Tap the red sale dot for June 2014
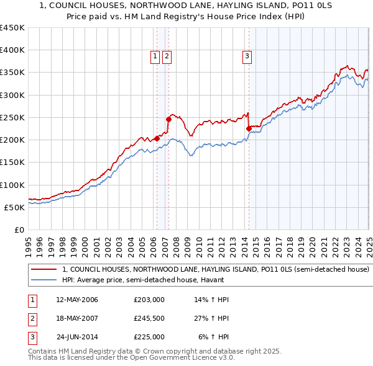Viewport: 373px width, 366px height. (x=249, y=129)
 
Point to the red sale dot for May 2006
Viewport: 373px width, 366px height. (x=157, y=138)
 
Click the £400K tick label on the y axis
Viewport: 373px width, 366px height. (x=12, y=50)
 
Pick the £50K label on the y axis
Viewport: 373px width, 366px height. (x=14, y=207)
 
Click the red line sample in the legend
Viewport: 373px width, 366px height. (x=44, y=270)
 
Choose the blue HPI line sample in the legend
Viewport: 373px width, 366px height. (x=44, y=280)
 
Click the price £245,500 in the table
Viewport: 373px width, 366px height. (x=149, y=318)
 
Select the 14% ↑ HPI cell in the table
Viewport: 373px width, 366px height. (x=211, y=300)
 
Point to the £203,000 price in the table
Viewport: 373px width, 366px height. (x=149, y=300)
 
